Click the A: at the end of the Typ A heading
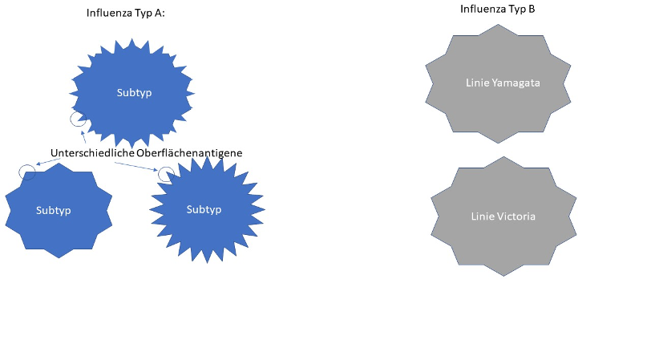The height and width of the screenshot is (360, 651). click(160, 14)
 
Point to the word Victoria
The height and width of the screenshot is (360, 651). click(514, 216)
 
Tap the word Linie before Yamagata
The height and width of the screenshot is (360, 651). click(477, 83)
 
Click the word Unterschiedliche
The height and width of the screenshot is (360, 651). click(87, 152)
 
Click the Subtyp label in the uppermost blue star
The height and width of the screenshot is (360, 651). click(134, 92)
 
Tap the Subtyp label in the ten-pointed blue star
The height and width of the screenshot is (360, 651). click(54, 210)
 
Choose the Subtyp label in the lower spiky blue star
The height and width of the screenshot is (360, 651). click(204, 209)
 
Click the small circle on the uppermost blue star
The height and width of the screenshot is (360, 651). click(78, 119)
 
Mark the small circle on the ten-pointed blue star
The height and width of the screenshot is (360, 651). click(26, 170)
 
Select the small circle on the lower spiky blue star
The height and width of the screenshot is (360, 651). click(165, 173)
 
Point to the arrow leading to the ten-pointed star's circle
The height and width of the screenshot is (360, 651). click(48, 164)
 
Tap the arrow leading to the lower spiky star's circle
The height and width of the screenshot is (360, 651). click(136, 166)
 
